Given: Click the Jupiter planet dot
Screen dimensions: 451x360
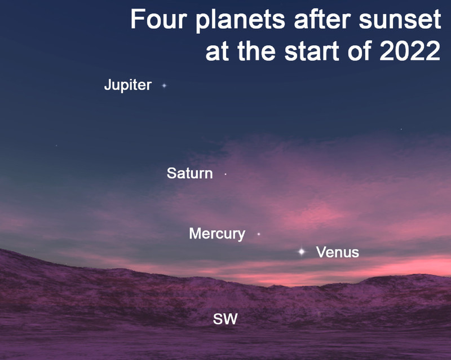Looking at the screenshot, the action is pyautogui.click(x=164, y=86).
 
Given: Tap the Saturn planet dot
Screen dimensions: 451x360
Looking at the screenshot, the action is pyautogui.click(x=225, y=174).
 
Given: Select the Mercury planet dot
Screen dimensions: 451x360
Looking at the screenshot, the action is pyautogui.click(x=259, y=234).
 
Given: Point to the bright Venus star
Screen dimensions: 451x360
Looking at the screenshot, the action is pyautogui.click(x=302, y=252).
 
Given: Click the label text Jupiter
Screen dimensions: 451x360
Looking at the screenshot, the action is pyautogui.click(x=128, y=85).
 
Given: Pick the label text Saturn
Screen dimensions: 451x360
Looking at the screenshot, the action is pyautogui.click(x=190, y=173).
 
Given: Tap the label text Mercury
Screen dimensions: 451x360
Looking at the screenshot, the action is pyautogui.click(x=217, y=234).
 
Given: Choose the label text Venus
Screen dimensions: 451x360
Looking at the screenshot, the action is pyautogui.click(x=337, y=252).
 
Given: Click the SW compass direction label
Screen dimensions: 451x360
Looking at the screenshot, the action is pyautogui.click(x=225, y=319).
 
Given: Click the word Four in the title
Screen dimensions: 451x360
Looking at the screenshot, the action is pyautogui.click(x=159, y=19).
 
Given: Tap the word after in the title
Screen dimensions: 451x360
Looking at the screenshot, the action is pyautogui.click(x=322, y=19).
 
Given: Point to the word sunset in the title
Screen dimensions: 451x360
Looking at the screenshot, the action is pyautogui.click(x=400, y=20).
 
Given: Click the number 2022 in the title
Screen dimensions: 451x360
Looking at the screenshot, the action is pyautogui.click(x=410, y=51).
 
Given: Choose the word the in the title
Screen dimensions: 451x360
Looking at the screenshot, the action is pyautogui.click(x=257, y=51).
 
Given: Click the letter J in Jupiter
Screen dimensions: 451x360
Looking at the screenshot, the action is pyautogui.click(x=108, y=85).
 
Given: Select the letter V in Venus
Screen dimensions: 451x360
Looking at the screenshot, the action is pyautogui.click(x=321, y=252).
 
